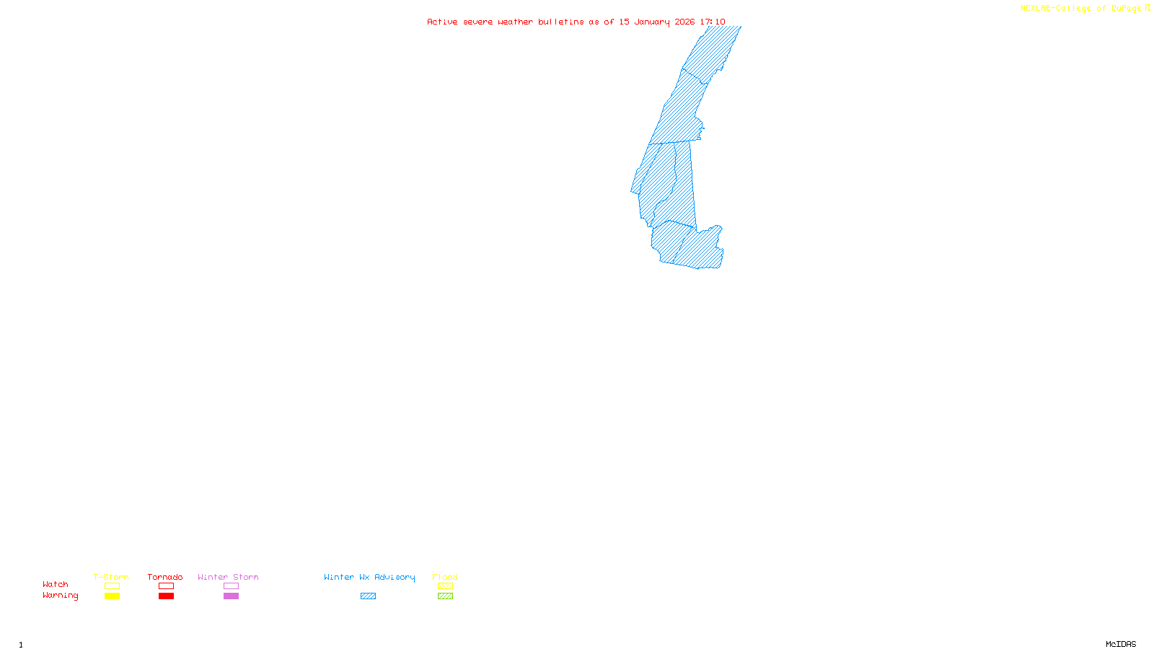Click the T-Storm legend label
pyautogui.click(x=111, y=577)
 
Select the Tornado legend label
pyautogui.click(x=165, y=577)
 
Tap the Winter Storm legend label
pyautogui.click(x=228, y=577)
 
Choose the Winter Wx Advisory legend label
pyautogui.click(x=369, y=577)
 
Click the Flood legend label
pyautogui.click(x=445, y=577)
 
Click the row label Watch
pyautogui.click(x=56, y=584)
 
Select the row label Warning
pyautogui.click(x=61, y=596)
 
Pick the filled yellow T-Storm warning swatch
pyautogui.click(x=112, y=596)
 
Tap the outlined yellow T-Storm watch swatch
pyautogui.click(x=112, y=586)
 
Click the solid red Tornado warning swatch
pyautogui.click(x=167, y=596)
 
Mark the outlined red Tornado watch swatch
pyautogui.click(x=167, y=586)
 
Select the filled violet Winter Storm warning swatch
pyautogui.click(x=231, y=596)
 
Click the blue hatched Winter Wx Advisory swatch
pyautogui.click(x=369, y=596)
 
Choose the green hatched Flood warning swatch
pyautogui.click(x=446, y=596)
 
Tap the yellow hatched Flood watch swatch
pyautogui.click(x=446, y=586)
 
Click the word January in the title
pyautogui.click(x=652, y=22)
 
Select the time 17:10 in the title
pyautogui.click(x=713, y=22)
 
